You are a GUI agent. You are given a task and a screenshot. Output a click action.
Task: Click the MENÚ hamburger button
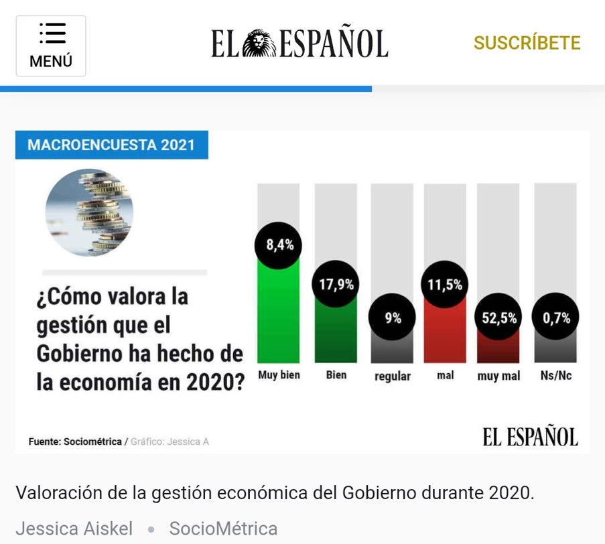pyautogui.click(x=51, y=46)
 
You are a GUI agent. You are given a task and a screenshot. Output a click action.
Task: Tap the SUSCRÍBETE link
pyautogui.click(x=527, y=43)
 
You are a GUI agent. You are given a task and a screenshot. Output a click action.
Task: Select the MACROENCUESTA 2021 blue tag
pyautogui.click(x=111, y=145)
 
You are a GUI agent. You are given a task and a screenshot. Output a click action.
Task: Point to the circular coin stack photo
pyautogui.click(x=89, y=212)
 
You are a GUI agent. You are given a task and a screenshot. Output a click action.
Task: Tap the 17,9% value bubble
pyautogui.click(x=336, y=284)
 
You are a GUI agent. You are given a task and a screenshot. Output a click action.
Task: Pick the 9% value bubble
pyautogui.click(x=393, y=318)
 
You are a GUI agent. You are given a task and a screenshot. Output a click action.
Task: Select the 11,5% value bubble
pyautogui.click(x=446, y=284)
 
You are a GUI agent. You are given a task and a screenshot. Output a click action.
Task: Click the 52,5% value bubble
pyautogui.click(x=499, y=318)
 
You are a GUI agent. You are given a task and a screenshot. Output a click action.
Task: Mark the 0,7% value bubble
pyautogui.click(x=555, y=318)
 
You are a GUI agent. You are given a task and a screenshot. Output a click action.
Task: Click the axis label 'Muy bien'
pyautogui.click(x=279, y=375)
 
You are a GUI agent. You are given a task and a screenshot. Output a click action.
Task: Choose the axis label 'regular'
pyautogui.click(x=393, y=376)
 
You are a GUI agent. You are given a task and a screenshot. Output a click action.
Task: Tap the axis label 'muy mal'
pyautogui.click(x=498, y=376)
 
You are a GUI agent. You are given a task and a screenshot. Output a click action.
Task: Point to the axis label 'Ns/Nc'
pyautogui.click(x=555, y=375)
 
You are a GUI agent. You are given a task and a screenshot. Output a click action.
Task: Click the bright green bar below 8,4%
pyautogui.click(x=279, y=315)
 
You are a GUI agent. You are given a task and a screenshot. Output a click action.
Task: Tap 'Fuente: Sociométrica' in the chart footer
pyautogui.click(x=75, y=441)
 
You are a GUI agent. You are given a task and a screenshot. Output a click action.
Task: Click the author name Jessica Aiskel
pyautogui.click(x=74, y=529)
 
